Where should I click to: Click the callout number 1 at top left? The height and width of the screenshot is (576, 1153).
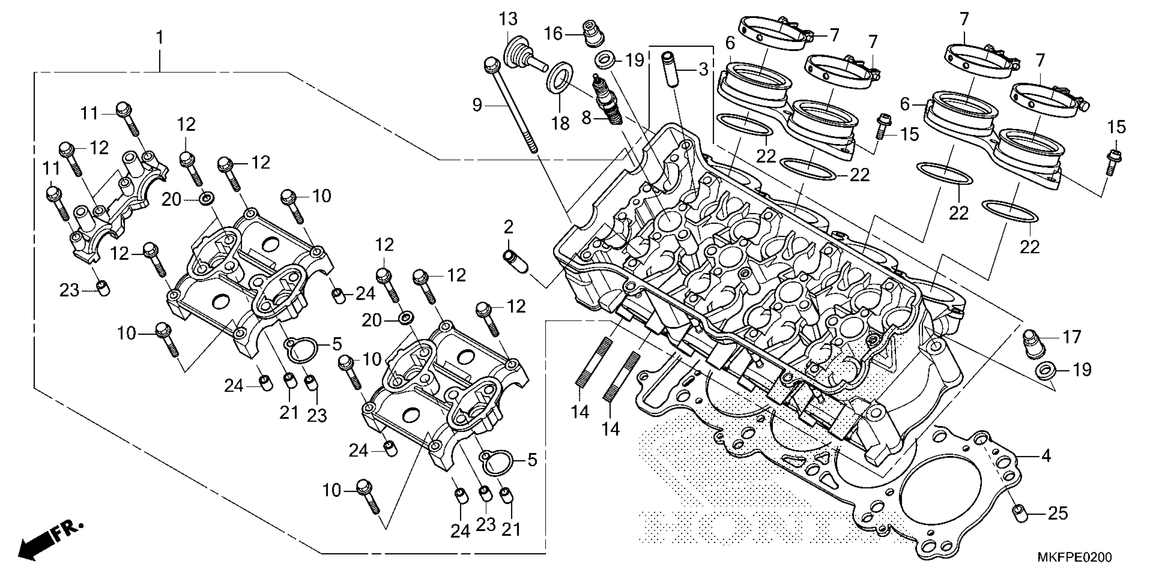tap(160, 38)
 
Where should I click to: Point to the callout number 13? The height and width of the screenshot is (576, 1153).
tap(508, 19)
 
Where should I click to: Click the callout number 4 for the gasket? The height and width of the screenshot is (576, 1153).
tap(1045, 456)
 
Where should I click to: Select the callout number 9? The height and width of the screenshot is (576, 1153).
tap(477, 105)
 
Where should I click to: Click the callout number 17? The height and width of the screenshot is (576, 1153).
tap(1072, 337)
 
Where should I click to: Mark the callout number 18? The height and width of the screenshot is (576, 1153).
tap(560, 123)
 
